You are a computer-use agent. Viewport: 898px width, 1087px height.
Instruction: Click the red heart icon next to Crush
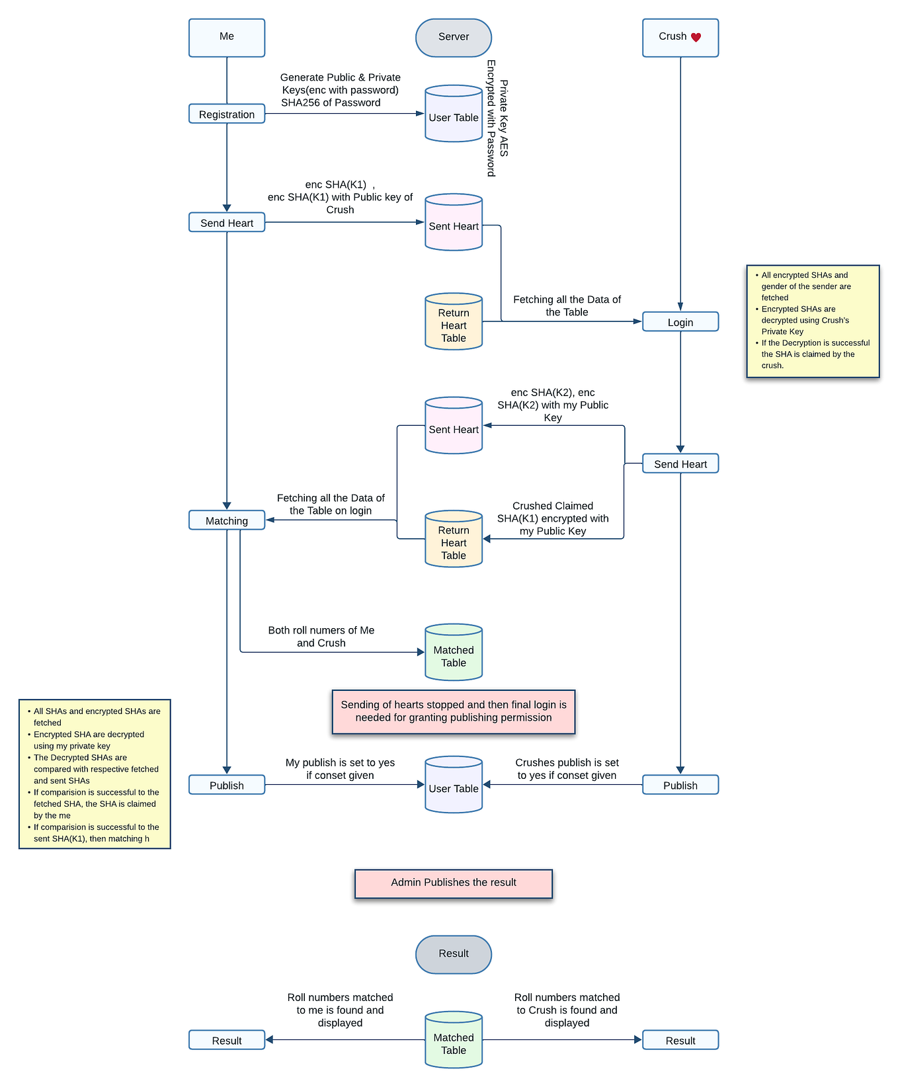point(696,38)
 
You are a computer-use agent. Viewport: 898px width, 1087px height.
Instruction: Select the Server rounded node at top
point(454,37)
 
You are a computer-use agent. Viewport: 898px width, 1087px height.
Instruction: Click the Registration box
point(227,114)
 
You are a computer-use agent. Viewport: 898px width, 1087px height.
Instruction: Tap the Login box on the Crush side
point(680,322)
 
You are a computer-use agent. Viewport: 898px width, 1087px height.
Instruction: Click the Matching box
point(227,520)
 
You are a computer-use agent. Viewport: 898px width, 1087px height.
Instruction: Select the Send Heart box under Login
point(680,463)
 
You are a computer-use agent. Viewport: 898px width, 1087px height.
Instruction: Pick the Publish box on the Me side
point(227,785)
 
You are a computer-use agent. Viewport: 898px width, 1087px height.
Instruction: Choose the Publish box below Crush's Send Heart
point(680,785)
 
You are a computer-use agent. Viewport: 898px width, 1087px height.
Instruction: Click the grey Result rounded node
point(454,953)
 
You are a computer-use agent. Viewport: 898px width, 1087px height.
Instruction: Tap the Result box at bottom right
point(680,1040)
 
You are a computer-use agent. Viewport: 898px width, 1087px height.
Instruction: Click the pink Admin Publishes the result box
point(454,883)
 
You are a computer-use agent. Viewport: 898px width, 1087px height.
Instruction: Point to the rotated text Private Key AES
point(504,118)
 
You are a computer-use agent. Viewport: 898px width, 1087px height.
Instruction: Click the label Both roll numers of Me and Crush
point(321,636)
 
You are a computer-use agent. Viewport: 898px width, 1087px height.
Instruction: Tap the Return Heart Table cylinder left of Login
point(454,322)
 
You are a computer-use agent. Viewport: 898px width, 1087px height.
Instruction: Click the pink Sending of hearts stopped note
point(454,711)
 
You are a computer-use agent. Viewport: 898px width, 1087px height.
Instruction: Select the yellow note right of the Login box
point(813,321)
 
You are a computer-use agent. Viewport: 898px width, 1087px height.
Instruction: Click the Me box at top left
point(227,37)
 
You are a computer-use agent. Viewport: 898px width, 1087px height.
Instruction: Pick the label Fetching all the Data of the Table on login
point(331,504)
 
